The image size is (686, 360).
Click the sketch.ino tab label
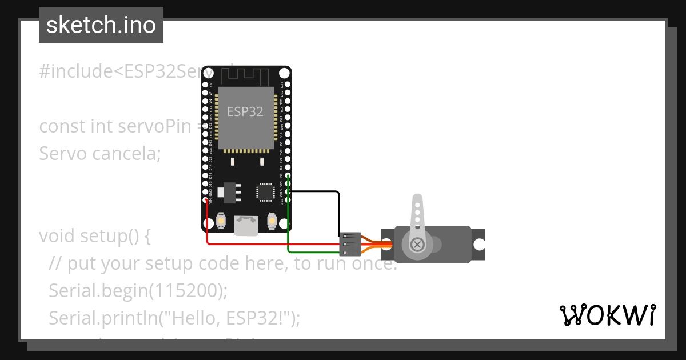point(101,25)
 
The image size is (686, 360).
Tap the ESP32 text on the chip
point(245,111)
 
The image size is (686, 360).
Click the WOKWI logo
point(607,315)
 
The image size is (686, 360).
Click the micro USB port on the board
point(245,226)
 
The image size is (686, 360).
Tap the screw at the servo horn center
point(418,245)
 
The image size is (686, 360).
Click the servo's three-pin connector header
point(350,244)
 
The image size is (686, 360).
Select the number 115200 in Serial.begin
point(185,290)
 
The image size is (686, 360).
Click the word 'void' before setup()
point(57,235)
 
